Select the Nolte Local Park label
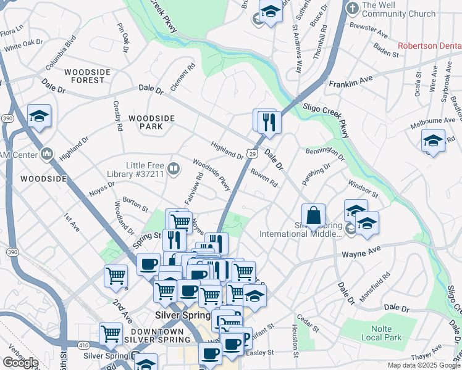click(x=382, y=333)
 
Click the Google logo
click(x=20, y=363)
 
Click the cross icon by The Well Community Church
click(x=353, y=9)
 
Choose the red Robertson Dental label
click(x=429, y=46)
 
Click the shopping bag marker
click(x=313, y=215)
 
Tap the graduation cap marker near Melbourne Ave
click(x=433, y=141)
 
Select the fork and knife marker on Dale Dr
click(x=269, y=121)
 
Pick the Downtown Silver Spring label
click(x=154, y=335)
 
